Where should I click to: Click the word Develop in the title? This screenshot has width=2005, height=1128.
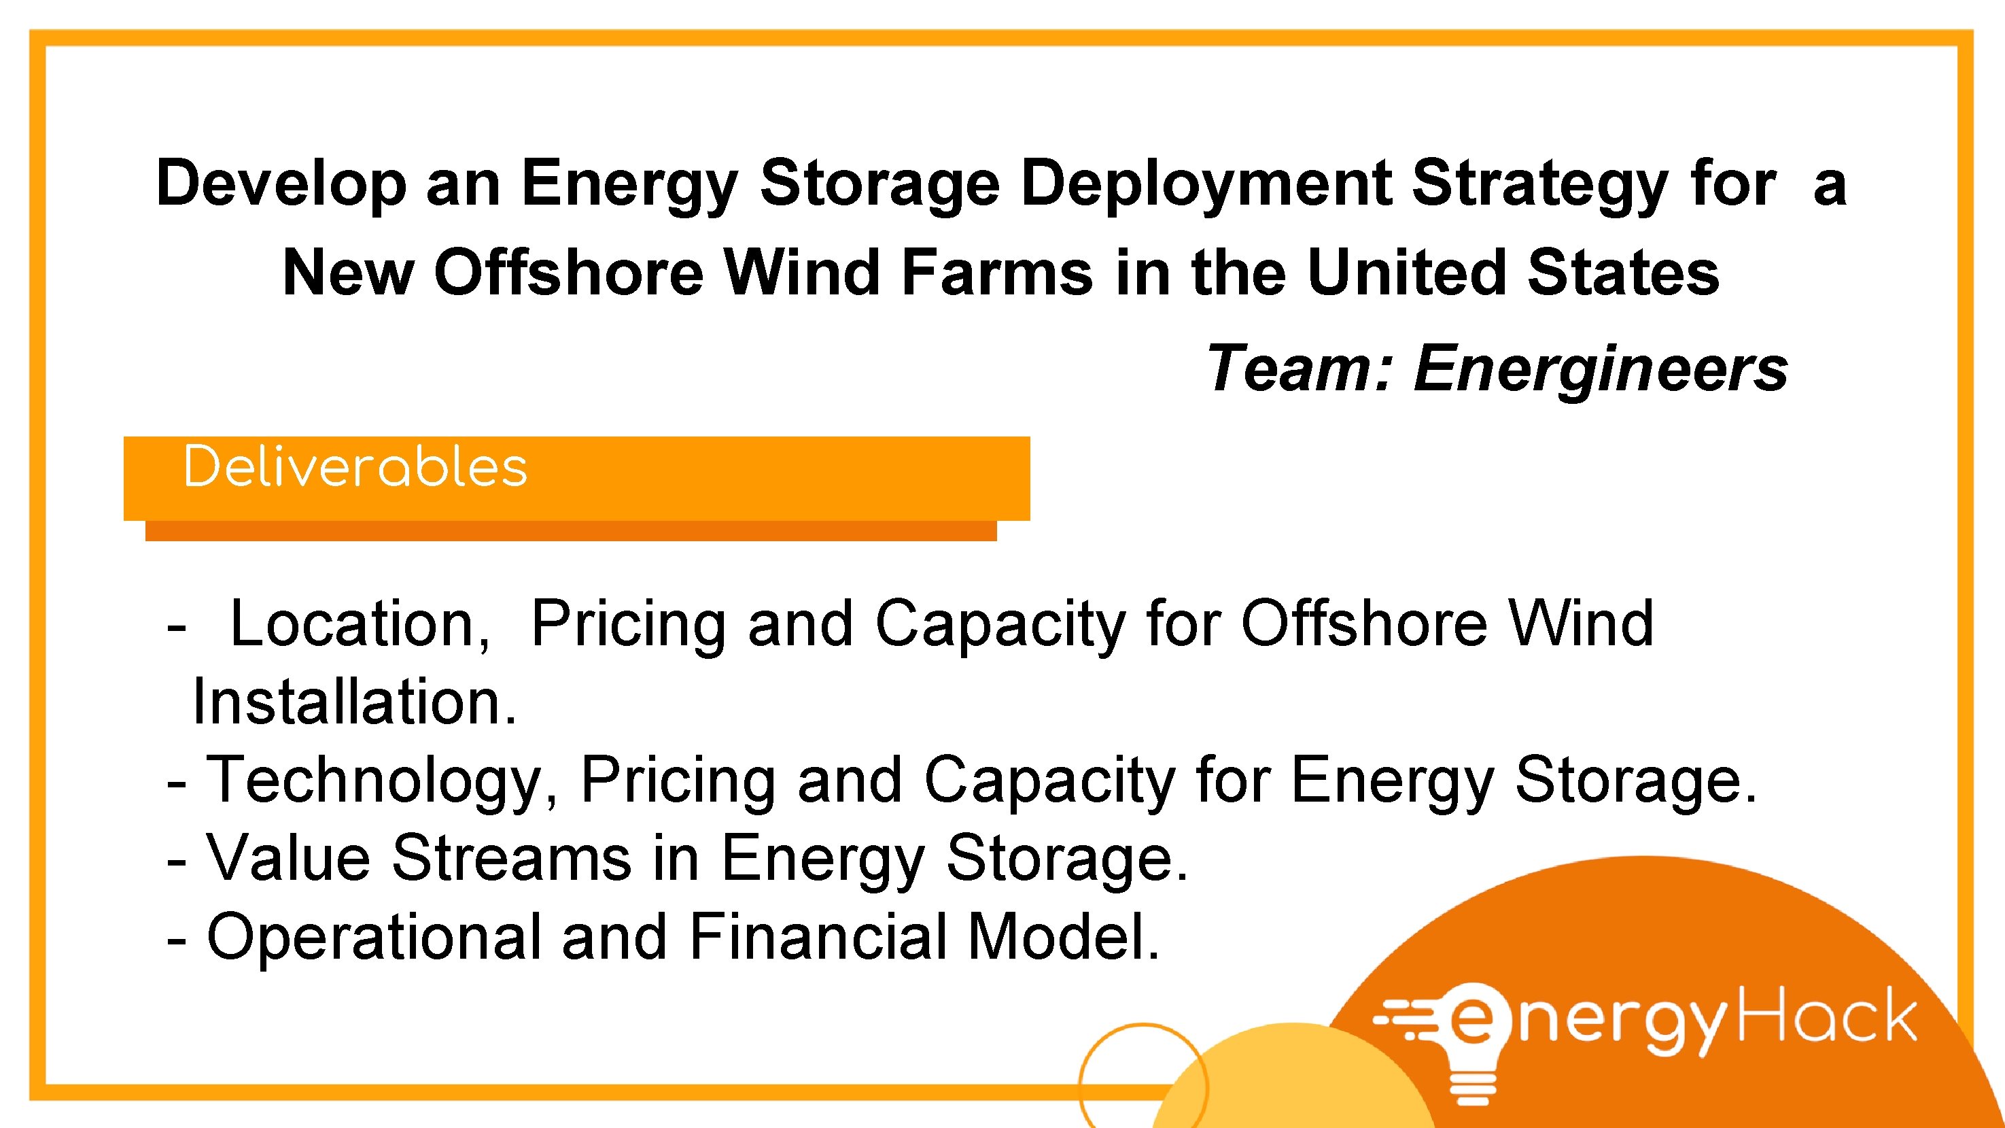click(281, 184)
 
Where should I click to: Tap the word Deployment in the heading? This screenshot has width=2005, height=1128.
click(1206, 184)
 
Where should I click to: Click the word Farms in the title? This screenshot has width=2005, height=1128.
click(997, 273)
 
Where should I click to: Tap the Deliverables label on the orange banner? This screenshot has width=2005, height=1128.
click(355, 467)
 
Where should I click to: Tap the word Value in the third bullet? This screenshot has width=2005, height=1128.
click(288, 858)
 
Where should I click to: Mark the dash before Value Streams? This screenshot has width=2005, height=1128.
click(177, 861)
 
